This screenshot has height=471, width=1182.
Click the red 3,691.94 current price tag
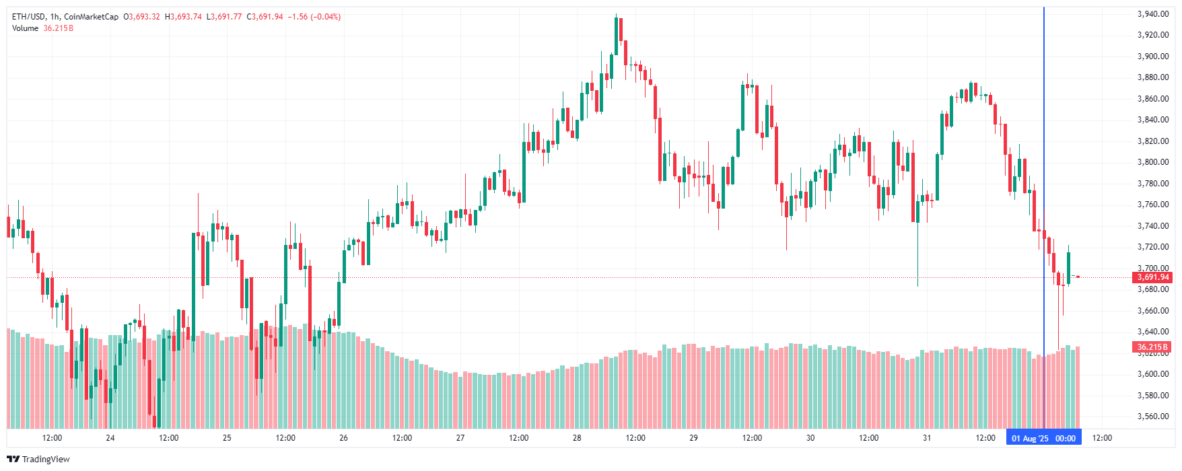pos(1153,277)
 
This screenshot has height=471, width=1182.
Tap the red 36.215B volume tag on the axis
pos(1152,347)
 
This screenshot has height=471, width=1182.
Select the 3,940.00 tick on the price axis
pos(1152,14)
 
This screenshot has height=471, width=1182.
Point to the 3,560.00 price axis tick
pos(1152,416)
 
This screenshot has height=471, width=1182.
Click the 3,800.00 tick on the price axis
pos(1152,162)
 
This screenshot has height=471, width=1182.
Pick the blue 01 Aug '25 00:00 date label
pos(1043,438)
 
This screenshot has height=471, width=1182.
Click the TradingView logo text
pos(38,459)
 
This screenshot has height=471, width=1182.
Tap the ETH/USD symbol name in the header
pos(28,17)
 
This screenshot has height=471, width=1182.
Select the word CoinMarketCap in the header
pos(91,17)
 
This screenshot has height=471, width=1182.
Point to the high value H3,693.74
pos(183,17)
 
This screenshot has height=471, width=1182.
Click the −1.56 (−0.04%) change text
pos(314,17)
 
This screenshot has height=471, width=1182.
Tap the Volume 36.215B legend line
pos(42,28)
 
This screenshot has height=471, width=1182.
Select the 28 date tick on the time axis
pos(577,438)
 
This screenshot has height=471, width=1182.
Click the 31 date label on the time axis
pos(927,438)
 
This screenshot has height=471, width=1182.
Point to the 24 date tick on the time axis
pos(110,438)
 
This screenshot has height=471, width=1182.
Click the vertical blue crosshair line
pos(1043,202)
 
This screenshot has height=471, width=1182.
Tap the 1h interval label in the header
pos(55,17)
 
